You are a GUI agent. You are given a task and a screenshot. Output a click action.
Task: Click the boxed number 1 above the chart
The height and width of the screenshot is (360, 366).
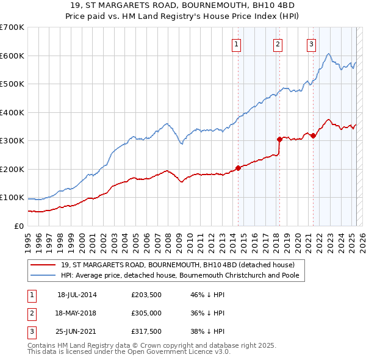(236, 43)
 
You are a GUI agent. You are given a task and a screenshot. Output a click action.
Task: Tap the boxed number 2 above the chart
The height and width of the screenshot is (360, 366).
(278, 43)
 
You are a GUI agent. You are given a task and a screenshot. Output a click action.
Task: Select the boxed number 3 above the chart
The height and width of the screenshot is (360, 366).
(311, 43)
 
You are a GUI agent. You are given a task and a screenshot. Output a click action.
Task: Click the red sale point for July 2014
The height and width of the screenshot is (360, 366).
(238, 168)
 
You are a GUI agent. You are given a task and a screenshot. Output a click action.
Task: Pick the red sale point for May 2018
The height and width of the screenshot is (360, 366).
(279, 139)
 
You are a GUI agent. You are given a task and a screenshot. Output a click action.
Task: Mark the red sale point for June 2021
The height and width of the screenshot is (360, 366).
(313, 135)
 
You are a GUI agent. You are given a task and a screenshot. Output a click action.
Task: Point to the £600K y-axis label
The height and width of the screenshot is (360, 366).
(12, 56)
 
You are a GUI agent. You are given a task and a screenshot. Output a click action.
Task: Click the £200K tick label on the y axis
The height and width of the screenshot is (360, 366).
(12, 169)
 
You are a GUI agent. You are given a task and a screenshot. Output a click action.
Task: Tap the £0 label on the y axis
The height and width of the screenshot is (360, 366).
(19, 226)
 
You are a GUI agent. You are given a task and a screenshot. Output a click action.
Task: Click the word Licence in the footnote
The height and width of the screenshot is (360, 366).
(199, 351)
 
